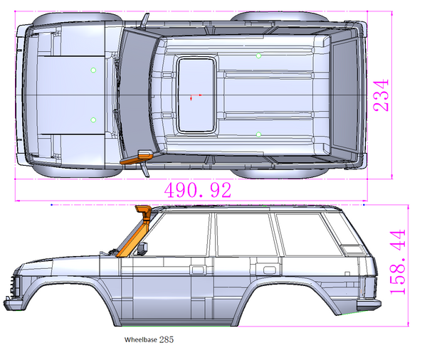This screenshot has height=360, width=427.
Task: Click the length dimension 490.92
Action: tap(198, 190)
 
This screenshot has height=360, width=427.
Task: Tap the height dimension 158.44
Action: tap(398, 262)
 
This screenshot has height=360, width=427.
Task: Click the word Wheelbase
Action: tap(140, 340)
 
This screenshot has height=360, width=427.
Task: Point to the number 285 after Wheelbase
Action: tap(166, 340)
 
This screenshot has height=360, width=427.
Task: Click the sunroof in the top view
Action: tap(196, 95)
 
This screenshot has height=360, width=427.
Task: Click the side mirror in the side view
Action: tap(144, 248)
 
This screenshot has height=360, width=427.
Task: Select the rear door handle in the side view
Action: tap(269, 270)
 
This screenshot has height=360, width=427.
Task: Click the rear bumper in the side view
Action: tap(368, 305)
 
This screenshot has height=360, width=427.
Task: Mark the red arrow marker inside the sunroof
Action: tap(191, 97)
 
